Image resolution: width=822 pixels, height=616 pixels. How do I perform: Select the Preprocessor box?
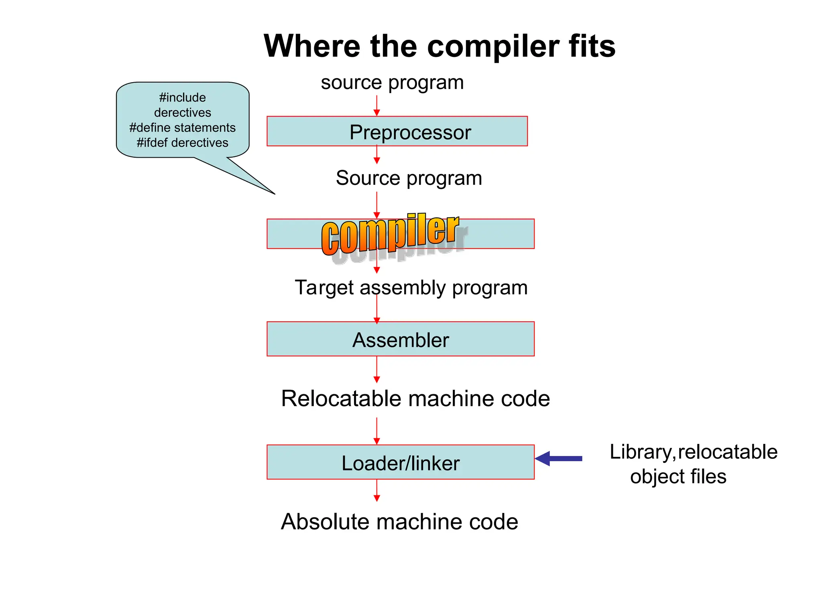pos(397,132)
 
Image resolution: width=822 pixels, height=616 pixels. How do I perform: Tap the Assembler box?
pos(400,339)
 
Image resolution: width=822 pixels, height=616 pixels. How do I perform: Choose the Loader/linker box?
pos(400,462)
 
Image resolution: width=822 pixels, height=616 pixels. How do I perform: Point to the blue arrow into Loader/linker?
pos(559,458)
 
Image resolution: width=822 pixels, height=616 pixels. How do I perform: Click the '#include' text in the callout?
pos(182,97)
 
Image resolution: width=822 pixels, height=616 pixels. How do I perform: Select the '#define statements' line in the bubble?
pos(182,128)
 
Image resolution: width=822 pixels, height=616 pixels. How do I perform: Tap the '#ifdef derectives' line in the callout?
pos(182,143)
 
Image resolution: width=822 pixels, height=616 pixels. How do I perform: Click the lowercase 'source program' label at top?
pos(392,83)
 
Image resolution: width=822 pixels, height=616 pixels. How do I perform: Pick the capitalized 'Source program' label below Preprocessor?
pos(409,178)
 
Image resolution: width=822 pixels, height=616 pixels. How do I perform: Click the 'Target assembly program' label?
pos(411,288)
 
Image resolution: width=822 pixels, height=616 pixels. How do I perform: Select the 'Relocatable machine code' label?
pos(415,399)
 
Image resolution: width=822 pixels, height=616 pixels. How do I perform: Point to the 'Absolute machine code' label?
pos(399,522)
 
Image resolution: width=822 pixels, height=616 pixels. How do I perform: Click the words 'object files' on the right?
pos(678,477)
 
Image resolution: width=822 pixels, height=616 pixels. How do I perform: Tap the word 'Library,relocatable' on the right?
pos(693,452)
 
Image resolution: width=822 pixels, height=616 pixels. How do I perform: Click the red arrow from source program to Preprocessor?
pos(376,106)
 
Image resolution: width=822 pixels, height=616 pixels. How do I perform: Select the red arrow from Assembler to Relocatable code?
pos(376,369)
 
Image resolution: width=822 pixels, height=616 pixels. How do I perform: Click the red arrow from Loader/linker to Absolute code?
pos(376,490)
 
